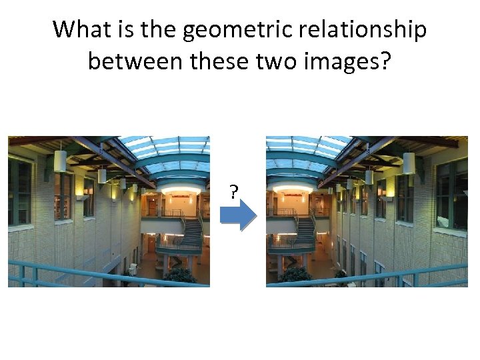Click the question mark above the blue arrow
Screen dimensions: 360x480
tap(233, 193)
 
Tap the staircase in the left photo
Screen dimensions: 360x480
tap(191, 233)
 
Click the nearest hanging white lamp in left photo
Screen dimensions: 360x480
tap(60, 161)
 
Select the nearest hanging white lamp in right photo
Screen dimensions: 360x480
tap(409, 163)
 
